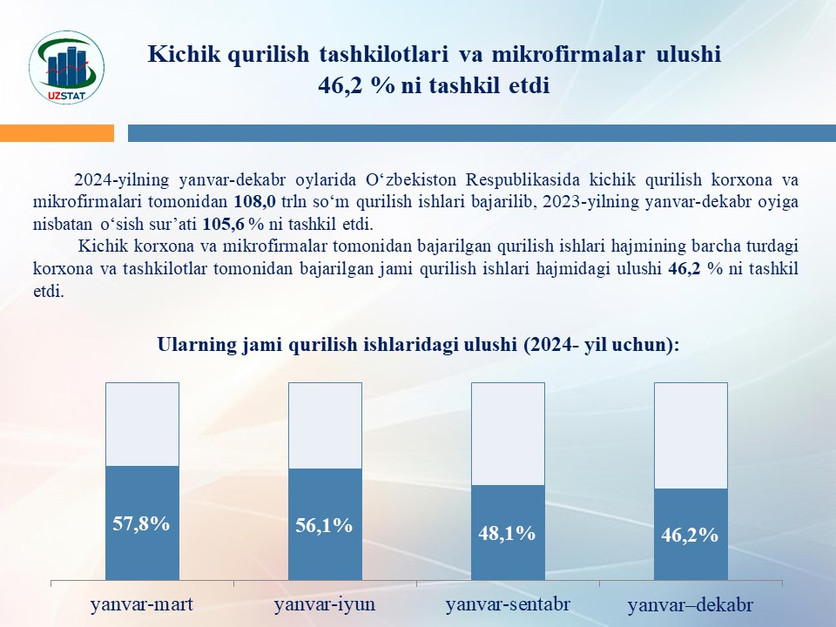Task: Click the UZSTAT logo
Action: coord(67,67)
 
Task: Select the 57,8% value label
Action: coord(141,523)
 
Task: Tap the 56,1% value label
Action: coord(324,525)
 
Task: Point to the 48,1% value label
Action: coord(507,533)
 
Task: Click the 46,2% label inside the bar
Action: coord(690,534)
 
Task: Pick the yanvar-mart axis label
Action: coord(142,604)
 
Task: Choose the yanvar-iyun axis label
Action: coord(325,604)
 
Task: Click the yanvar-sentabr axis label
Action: coord(508,604)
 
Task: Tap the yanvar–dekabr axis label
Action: coord(691,605)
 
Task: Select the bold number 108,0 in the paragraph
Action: coord(255,201)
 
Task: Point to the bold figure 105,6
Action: coord(224,224)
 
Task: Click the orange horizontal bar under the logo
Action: coord(57,132)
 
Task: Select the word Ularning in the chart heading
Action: coord(197,345)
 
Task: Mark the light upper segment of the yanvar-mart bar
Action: coord(142,424)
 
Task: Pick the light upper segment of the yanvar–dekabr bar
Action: coord(691,435)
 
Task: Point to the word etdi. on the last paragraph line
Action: coord(49,291)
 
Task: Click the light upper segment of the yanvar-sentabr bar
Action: coord(508,434)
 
